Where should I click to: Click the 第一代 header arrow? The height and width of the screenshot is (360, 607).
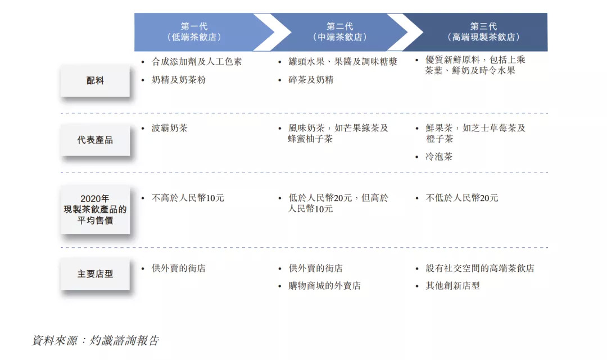194,32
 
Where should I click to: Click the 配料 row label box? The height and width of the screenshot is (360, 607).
95,81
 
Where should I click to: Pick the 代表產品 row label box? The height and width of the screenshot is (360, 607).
95,140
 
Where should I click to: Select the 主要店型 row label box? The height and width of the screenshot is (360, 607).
95,274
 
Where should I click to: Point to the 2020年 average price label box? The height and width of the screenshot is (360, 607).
95,209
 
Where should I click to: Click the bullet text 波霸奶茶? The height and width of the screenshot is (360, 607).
170,128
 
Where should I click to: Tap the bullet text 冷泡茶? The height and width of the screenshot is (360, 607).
439,157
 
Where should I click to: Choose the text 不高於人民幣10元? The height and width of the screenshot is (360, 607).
188,198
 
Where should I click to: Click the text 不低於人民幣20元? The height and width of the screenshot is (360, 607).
461,198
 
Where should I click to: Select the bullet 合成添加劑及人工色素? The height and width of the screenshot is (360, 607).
197,62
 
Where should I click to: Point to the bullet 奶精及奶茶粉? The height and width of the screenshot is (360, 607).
179,80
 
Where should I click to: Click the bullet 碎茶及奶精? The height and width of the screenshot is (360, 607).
311,80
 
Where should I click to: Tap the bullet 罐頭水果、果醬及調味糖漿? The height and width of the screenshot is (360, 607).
343,62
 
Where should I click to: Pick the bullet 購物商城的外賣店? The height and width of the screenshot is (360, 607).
324,286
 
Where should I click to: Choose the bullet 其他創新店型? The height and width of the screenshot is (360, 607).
452,286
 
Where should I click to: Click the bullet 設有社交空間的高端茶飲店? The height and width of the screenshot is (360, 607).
479,268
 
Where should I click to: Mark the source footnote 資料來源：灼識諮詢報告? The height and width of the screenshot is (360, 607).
96,340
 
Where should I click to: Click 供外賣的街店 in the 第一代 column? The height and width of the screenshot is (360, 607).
179,268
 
